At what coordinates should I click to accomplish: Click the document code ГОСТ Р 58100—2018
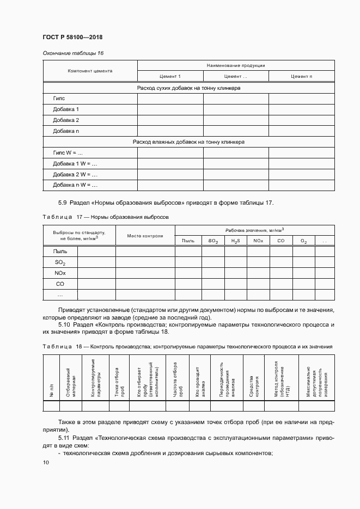pos(72,38)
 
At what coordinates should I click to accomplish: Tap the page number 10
pos(46,462)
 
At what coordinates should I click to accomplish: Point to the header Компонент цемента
pos(90,71)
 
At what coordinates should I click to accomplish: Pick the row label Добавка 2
pos(66,120)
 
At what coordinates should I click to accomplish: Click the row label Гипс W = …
pos(68,152)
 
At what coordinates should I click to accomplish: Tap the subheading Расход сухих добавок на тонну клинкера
pos(188,87)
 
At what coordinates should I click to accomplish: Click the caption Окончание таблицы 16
pos(73,53)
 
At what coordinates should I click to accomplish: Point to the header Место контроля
pos(145,236)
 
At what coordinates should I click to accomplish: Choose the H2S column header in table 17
pos(235,241)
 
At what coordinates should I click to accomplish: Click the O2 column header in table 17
pos(303,241)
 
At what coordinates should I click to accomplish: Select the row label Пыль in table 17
pos(60,251)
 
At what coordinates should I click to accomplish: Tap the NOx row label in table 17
pos(60,273)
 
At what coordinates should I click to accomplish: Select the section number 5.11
pos(64,437)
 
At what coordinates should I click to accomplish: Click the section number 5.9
pos(63,203)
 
